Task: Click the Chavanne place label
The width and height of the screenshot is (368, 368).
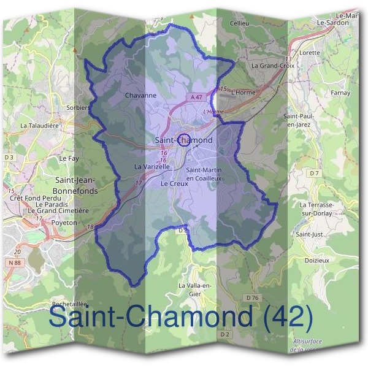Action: point(140,95)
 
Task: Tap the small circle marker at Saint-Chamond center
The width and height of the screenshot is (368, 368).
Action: point(183,139)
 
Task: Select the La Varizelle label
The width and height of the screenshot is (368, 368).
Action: point(151,166)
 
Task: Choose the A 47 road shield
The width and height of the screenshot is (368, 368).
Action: point(196,98)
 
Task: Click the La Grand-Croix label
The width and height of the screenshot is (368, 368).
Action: point(274,65)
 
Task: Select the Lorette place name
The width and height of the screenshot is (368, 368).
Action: point(310,53)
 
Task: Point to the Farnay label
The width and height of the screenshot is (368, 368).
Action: point(340,93)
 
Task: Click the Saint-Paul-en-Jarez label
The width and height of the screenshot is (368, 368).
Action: point(299,120)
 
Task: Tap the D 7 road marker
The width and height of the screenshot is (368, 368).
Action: point(315,174)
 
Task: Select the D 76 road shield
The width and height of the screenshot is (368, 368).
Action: point(252,297)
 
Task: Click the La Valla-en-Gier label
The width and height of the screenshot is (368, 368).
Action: point(194,289)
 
